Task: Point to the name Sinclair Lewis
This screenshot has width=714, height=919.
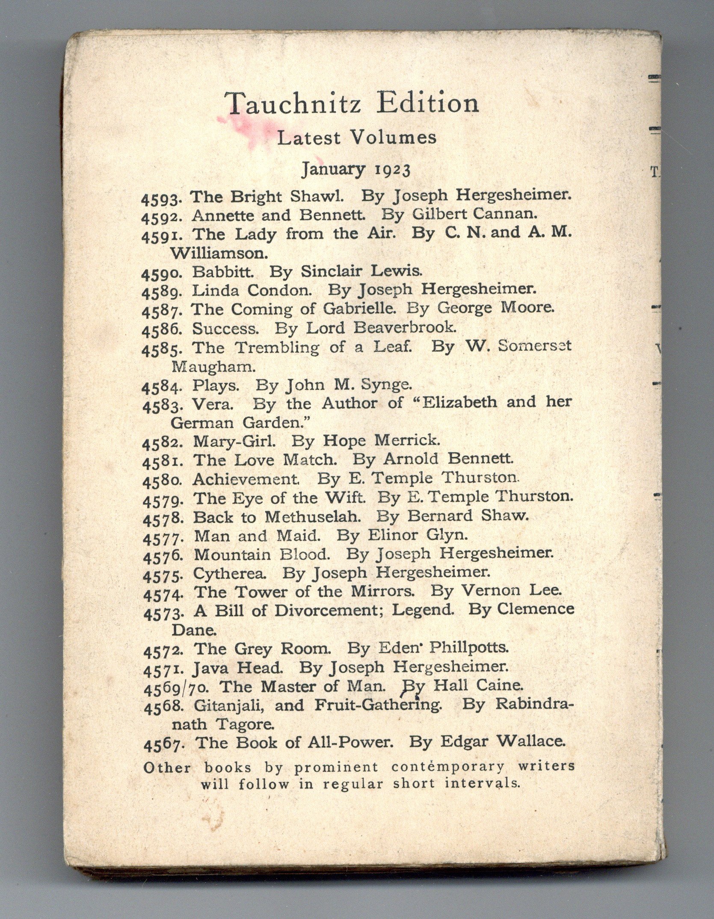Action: tap(362, 270)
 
